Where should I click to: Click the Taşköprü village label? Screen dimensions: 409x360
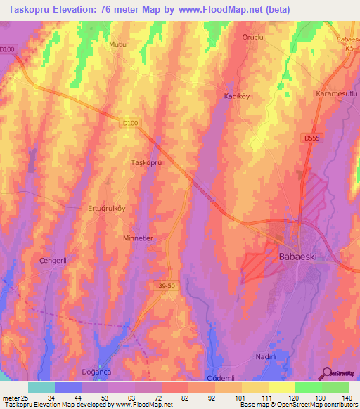148,162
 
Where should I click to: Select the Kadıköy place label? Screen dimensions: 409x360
238,96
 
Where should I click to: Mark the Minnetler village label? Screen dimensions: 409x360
138,238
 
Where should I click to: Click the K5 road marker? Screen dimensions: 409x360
349,48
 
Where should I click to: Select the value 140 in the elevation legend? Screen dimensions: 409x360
348,399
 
